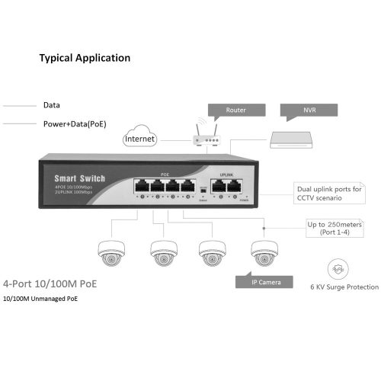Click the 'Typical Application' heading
[85, 58]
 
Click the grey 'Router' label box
[235, 110]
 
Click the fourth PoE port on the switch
[189, 186]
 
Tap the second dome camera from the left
[162, 253]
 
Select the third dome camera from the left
[212, 253]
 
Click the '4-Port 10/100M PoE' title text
[50, 283]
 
